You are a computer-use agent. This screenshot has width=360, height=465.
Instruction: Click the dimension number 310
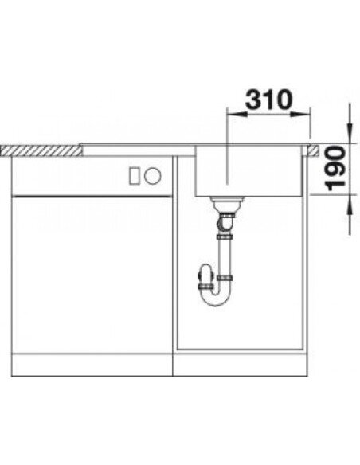(268, 100)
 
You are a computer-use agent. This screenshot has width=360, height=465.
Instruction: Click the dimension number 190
(336, 169)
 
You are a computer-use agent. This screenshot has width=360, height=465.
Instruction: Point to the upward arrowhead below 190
(350, 205)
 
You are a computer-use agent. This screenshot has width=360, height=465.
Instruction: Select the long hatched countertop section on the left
(41, 150)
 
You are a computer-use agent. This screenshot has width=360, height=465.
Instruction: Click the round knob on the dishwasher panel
(153, 175)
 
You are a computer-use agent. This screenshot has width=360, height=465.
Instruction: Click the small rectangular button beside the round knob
(134, 176)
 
